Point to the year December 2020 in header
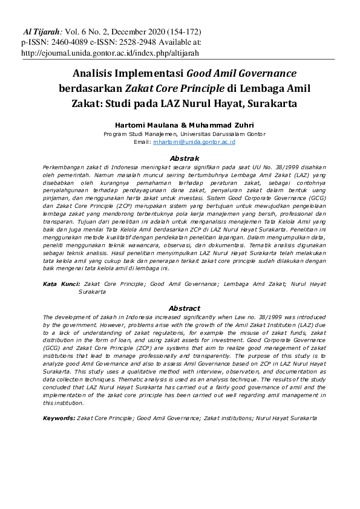[143, 31]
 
